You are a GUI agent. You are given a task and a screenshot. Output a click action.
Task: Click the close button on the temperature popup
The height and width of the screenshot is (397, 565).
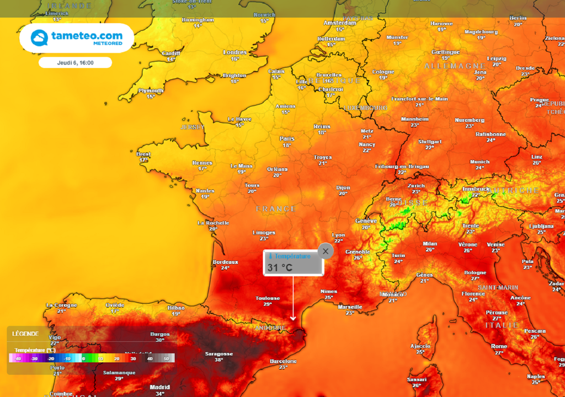click(x=326, y=251)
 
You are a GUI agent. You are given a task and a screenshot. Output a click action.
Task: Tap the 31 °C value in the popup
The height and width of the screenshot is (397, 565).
click(x=280, y=268)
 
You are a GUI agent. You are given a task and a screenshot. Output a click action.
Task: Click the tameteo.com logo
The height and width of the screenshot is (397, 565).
click(x=77, y=37)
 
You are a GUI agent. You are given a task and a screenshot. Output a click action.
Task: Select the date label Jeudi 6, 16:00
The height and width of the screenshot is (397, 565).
click(x=75, y=63)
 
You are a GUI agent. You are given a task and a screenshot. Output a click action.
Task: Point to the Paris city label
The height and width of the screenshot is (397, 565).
click(x=287, y=139)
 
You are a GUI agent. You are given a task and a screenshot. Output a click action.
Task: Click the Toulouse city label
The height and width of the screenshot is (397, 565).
click(x=268, y=298)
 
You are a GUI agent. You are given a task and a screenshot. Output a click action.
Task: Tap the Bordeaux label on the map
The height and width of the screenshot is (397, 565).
click(x=225, y=262)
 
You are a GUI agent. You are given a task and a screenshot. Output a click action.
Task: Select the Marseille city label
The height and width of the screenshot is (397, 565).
click(x=350, y=307)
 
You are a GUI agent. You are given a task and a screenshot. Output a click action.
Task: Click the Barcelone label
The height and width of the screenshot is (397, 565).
click(x=284, y=361)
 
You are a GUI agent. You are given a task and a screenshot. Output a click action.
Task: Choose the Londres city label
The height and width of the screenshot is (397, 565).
click(x=234, y=52)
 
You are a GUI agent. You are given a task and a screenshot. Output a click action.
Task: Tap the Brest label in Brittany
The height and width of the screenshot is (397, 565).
click(x=143, y=154)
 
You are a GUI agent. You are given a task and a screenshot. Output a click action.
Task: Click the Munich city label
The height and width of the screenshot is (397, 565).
click(x=479, y=162)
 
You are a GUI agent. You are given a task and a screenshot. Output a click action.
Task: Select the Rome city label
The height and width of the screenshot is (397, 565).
click(x=499, y=346)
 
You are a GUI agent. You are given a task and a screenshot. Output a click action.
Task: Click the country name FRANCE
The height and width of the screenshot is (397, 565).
click(x=276, y=209)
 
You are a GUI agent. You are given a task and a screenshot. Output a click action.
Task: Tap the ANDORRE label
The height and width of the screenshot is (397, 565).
click(x=270, y=328)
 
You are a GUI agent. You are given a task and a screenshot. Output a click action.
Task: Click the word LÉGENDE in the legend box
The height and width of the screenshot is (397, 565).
click(x=25, y=334)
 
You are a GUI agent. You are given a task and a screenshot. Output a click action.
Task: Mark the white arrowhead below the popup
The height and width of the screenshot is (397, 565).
click(x=293, y=318)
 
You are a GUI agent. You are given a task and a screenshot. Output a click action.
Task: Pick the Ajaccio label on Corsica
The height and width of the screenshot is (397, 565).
click(x=420, y=346)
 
